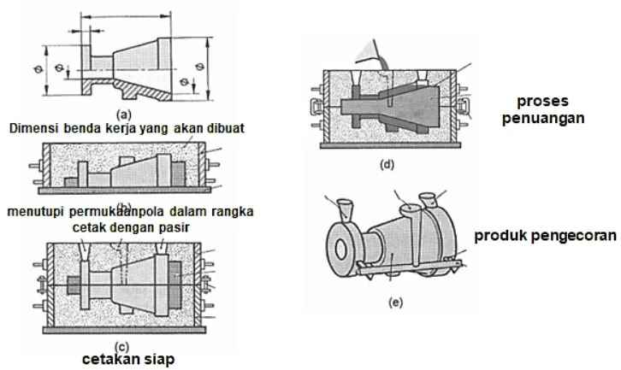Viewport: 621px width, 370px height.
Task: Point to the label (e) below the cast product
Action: pos(392,302)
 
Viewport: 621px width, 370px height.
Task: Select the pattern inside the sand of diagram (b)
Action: pos(128,175)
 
